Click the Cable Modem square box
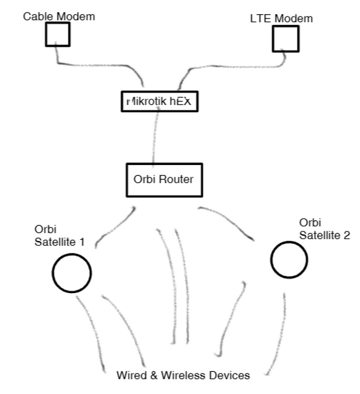click(57, 35)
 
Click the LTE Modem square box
click(285, 39)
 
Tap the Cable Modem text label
click(59, 16)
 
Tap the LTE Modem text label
click(281, 19)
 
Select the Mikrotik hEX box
click(159, 101)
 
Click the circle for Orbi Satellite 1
click(71, 273)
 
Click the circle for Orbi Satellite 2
click(290, 259)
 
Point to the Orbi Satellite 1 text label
click(59, 236)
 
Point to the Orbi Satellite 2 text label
click(324, 229)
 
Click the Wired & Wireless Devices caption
click(183, 375)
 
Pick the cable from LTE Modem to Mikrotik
click(231, 67)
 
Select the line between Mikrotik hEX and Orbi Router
click(155, 137)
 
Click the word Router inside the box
click(177, 179)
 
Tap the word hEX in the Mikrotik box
click(180, 101)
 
